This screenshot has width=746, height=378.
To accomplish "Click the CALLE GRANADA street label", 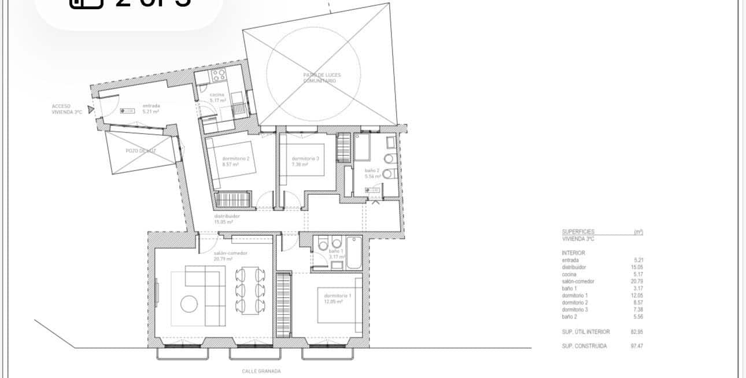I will tap(261, 372).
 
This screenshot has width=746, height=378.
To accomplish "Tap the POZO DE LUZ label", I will tap(141, 151).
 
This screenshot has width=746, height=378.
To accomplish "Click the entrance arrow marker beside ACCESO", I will tap(90, 108).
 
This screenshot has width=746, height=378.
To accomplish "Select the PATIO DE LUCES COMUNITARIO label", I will tap(319, 78).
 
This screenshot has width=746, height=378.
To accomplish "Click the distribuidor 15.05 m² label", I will tap(223, 218).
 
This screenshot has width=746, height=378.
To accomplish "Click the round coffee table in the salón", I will tap(189, 304).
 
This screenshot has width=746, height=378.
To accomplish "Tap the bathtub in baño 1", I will tap(353, 253).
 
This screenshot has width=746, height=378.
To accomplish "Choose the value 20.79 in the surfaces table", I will tap(637, 281).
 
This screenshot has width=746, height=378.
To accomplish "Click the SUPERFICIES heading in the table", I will tap(578, 232).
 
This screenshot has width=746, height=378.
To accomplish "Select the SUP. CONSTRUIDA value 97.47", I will tap(637, 346).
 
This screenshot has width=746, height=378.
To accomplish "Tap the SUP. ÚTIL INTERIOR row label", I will tap(585, 332).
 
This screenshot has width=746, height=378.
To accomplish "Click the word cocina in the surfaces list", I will tap(569, 275).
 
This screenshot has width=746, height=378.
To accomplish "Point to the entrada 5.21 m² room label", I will tap(151, 109).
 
